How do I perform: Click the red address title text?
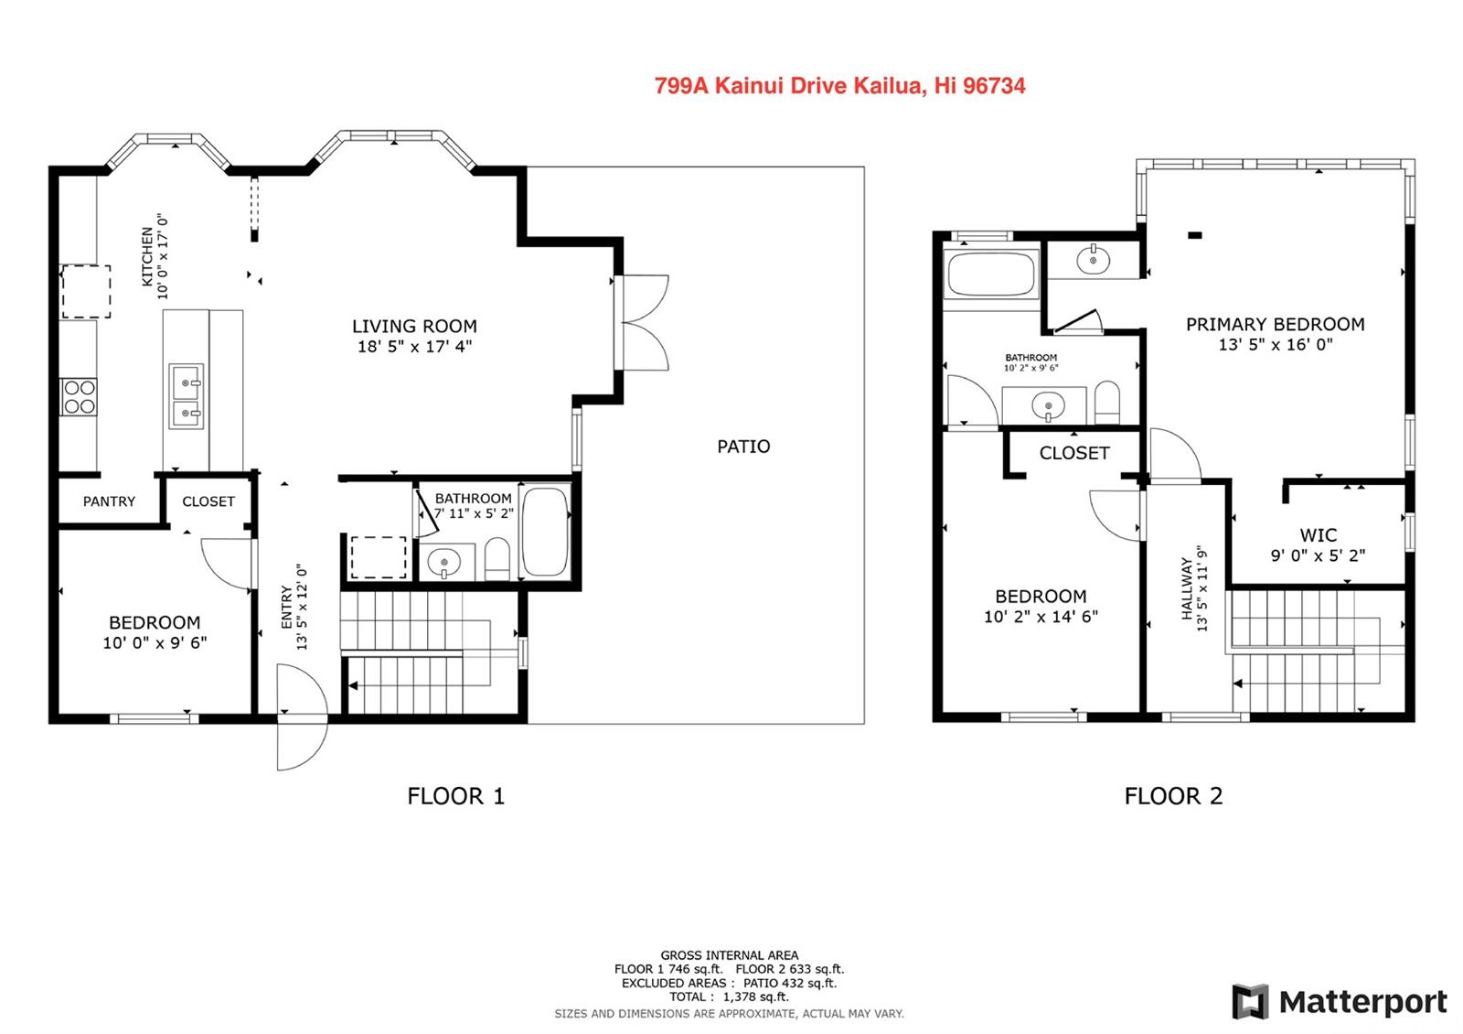pos(840,86)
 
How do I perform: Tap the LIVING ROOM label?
pos(415,326)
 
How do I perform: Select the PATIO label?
pos(743,447)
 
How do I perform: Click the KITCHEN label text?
pos(147,256)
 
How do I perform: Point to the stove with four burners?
pos(79,397)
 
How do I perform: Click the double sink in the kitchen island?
pos(187,396)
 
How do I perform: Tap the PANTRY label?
pos(109,501)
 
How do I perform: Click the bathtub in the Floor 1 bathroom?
pos(545,531)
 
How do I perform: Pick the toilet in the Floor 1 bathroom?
pos(497,558)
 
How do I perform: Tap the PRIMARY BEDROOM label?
pos(1275,324)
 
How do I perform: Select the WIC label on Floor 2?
pos(1318,535)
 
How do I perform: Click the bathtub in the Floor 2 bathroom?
pos(991,274)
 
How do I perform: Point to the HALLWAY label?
pos(1187,588)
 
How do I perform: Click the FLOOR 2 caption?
pos(1173,796)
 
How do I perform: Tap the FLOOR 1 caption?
pos(456,796)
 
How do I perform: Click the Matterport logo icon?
pos(1250,1001)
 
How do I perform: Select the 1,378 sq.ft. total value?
pos(755,996)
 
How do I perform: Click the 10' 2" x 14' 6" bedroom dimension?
pos(1041,617)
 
